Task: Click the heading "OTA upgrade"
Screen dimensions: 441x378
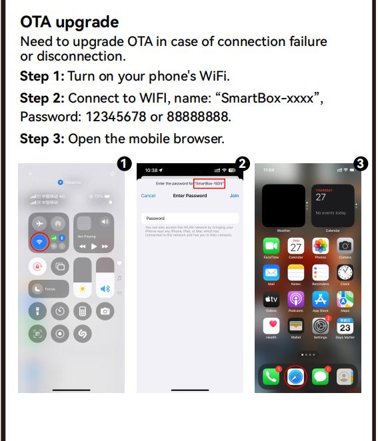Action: (69, 22)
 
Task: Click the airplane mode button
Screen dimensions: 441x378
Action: (39, 223)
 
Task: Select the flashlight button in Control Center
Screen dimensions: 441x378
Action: (38, 310)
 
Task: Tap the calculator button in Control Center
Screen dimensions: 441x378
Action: (83, 310)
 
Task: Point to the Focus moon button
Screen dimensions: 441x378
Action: (38, 288)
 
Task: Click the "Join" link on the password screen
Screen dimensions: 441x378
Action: (234, 196)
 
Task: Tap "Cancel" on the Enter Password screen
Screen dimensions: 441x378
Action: (148, 196)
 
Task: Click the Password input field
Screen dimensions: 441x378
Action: (190, 218)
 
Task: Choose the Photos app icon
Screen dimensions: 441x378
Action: (321, 246)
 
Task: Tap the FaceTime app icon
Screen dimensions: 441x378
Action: (271, 246)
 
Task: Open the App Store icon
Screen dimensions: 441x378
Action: (321, 299)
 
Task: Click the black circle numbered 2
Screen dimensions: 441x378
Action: (243, 163)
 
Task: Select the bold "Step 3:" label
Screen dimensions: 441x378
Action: (42, 139)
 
